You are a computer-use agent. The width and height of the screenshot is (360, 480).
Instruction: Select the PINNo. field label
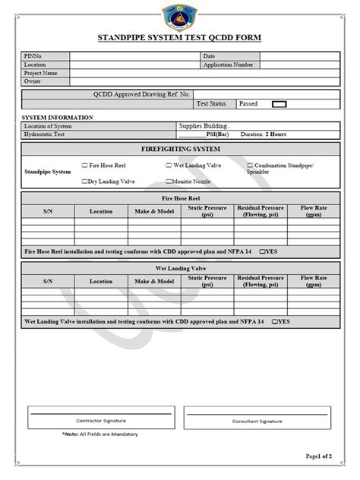(35, 56)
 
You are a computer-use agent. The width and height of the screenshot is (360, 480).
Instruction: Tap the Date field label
(210, 56)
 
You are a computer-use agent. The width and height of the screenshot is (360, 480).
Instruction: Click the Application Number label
(228, 65)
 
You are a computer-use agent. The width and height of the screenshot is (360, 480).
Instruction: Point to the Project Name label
(41, 73)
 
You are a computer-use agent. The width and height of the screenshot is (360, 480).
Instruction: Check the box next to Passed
(279, 104)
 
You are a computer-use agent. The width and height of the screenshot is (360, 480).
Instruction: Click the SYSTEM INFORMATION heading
(58, 118)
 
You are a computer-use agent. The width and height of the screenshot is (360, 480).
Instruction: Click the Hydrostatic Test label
(46, 134)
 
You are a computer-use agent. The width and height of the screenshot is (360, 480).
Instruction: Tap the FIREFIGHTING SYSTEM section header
(180, 150)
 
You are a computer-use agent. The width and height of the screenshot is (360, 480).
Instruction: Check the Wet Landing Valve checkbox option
(169, 165)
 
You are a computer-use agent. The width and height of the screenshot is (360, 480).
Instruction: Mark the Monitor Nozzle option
(169, 182)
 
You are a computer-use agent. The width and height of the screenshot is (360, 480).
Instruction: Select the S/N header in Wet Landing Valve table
(47, 281)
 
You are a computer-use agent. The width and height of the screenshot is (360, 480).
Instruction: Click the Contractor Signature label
(101, 420)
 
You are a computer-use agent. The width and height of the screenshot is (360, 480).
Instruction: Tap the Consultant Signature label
(257, 420)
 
